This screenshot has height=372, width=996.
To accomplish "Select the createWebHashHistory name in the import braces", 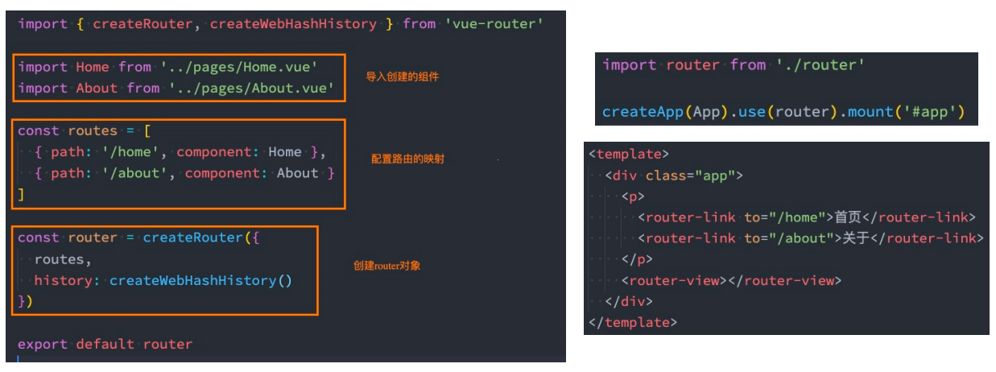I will [x=293, y=24].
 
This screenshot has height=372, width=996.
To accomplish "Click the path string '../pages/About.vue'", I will [x=252, y=88].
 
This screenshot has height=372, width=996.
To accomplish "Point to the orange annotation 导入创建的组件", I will [x=402, y=77].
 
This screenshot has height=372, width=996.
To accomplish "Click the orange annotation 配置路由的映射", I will [x=407, y=159].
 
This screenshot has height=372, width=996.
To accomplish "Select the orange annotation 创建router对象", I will [x=386, y=266].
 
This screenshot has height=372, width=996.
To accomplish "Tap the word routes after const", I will [x=92, y=130].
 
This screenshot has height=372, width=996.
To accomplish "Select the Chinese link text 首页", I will [x=848, y=217].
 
